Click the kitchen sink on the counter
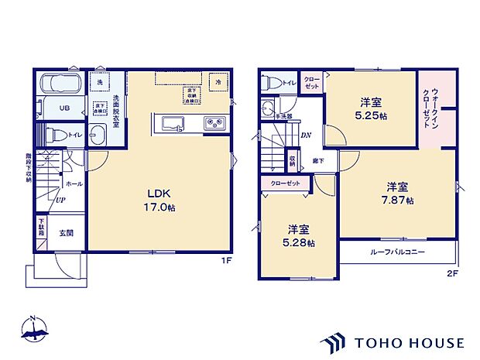tap(172, 123)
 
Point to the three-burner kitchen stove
tap(214, 123)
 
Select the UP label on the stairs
tap(60, 200)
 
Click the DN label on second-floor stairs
tap(306, 135)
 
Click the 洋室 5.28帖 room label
tap(299, 236)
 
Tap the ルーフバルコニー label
tap(396, 252)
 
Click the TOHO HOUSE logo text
tap(409, 341)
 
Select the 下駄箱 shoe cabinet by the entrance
tap(41, 229)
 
